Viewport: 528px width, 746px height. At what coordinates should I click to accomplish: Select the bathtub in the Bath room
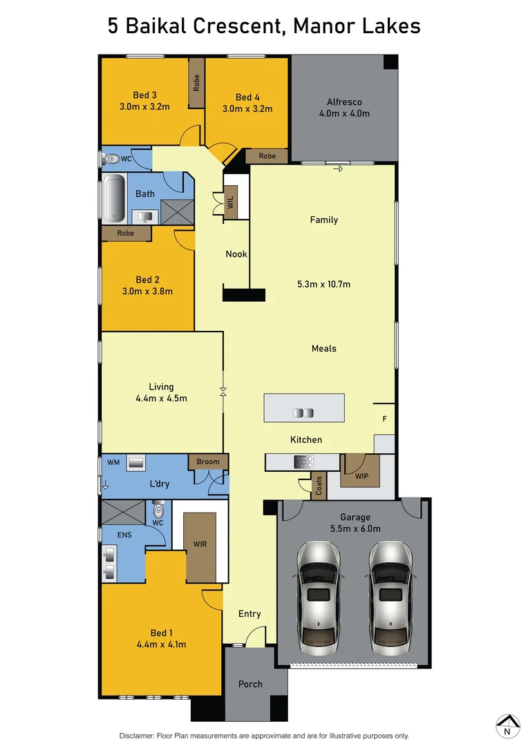click(x=113, y=199)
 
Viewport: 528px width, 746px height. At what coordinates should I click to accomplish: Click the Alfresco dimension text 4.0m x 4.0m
click(x=344, y=113)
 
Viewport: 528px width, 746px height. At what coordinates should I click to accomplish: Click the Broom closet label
click(x=208, y=461)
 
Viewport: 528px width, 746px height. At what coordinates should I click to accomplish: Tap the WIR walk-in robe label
click(x=200, y=544)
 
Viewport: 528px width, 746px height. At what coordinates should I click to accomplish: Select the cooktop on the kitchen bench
click(x=304, y=461)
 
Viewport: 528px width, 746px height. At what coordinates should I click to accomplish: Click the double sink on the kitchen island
click(x=303, y=413)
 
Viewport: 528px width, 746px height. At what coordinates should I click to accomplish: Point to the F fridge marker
click(x=385, y=419)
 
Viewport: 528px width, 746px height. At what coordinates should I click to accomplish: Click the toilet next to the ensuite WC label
click(x=158, y=510)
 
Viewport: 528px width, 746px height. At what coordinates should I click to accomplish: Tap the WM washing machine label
click(x=113, y=461)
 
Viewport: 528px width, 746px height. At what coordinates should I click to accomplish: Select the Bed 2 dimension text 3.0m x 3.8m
click(x=148, y=291)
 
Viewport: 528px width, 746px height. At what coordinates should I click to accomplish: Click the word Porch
click(x=250, y=684)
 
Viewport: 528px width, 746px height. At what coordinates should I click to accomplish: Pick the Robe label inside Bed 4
click(x=267, y=156)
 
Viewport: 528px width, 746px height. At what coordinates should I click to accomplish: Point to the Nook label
click(x=236, y=254)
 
